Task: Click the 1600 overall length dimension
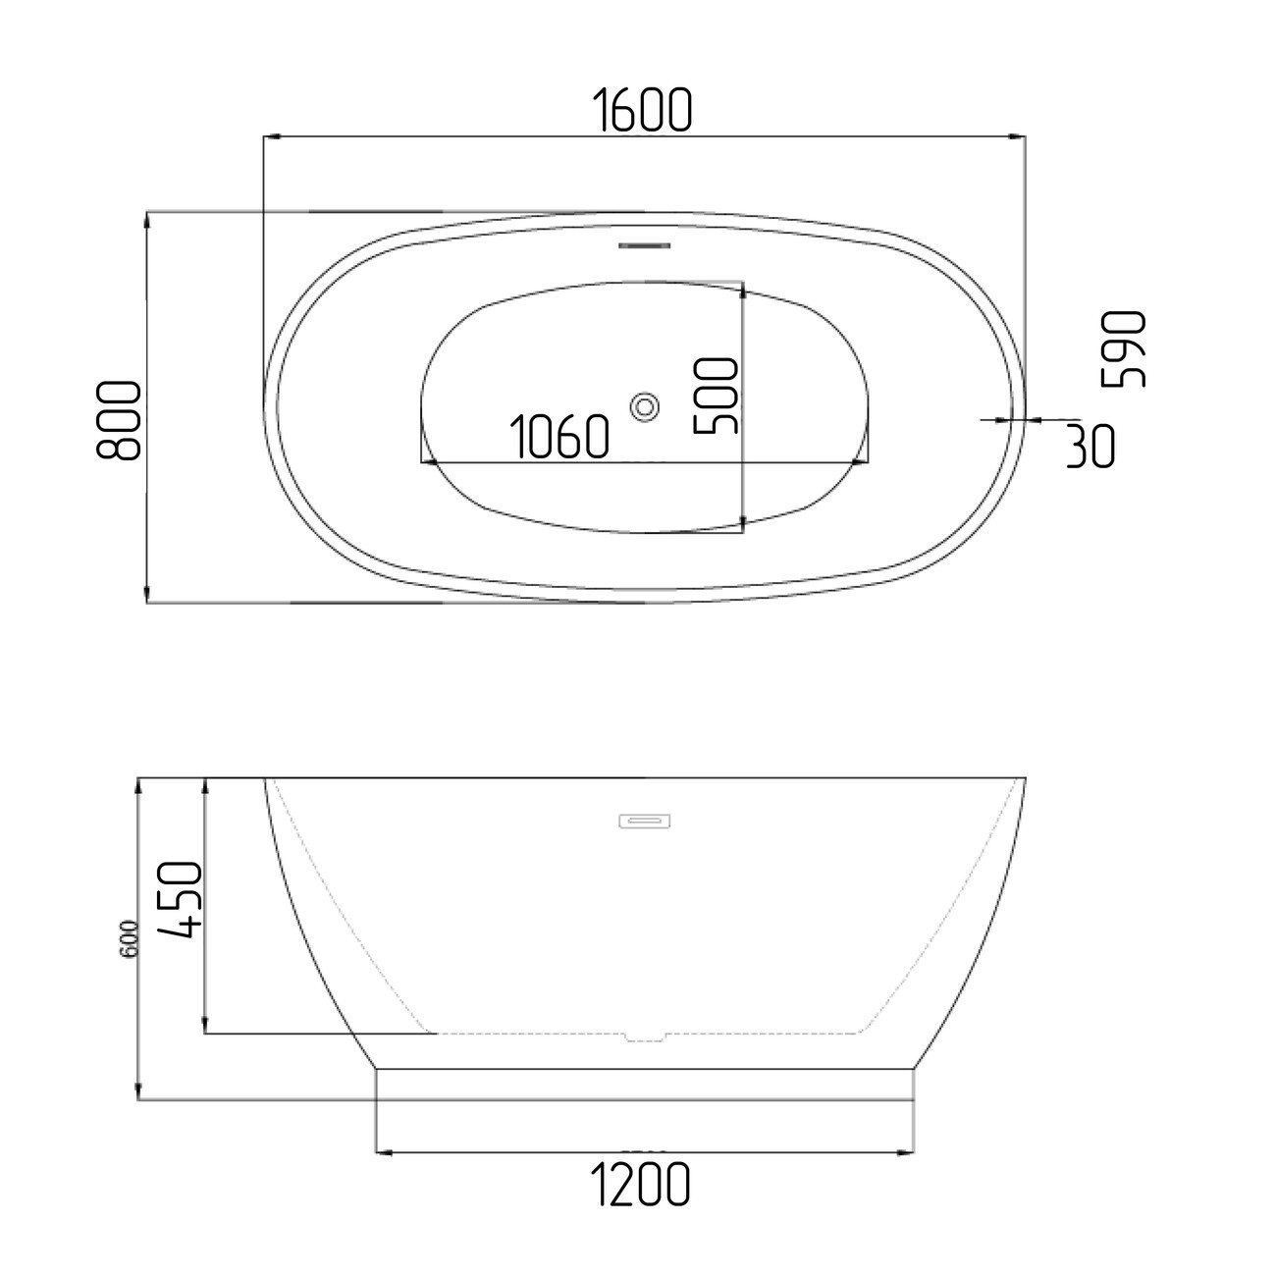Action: tap(642, 109)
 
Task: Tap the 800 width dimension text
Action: tap(119, 420)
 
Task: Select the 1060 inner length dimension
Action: tap(559, 437)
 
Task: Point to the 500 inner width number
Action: tap(716, 396)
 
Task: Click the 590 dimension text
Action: tap(1123, 348)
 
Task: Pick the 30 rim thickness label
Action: tap(1090, 447)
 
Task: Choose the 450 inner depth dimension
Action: tap(179, 899)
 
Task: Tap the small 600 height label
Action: tap(130, 938)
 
